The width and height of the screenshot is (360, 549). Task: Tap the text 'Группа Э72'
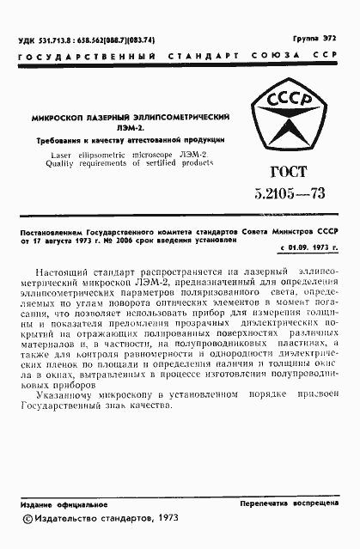(315, 39)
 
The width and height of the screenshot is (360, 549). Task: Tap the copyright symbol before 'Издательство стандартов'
(27, 518)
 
